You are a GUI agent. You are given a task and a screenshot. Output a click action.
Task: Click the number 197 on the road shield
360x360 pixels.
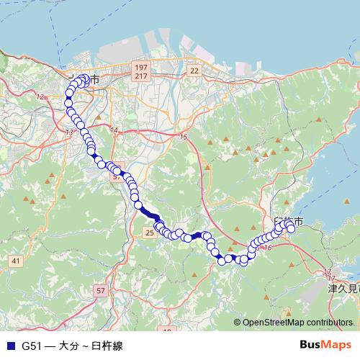[140, 67]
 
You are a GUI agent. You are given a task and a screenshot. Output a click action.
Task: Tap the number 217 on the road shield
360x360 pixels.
[140, 76]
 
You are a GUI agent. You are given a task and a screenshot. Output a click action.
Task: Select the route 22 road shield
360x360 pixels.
[194, 70]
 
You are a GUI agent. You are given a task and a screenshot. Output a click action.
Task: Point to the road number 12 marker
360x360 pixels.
[40, 96]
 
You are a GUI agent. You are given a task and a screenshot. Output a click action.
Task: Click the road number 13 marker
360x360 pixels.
[69, 133]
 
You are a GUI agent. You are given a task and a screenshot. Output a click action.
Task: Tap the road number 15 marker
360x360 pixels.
[184, 136]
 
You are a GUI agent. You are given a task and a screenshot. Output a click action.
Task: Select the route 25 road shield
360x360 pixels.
[150, 233]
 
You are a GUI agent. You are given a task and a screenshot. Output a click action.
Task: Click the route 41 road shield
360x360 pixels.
[17, 260]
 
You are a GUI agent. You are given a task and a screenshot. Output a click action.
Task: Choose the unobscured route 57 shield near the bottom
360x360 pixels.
[100, 290]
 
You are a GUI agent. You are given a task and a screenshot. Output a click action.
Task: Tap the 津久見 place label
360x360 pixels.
[342, 289]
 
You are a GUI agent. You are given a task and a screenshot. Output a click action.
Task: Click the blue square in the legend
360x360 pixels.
[9, 345]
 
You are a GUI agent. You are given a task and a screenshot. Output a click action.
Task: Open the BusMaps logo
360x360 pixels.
[325, 344]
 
